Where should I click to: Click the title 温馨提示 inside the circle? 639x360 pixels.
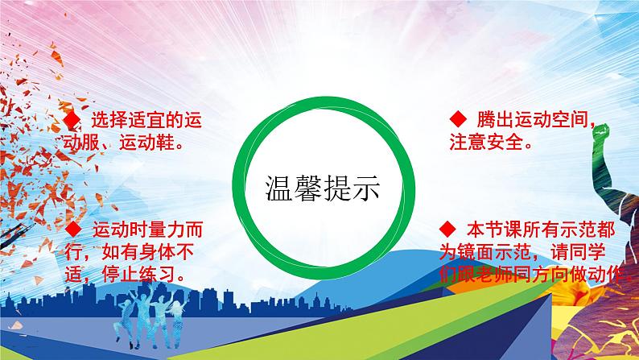(x=323, y=188)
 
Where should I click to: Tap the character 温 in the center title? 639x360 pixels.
(x=279, y=188)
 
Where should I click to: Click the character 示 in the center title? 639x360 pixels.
(x=366, y=188)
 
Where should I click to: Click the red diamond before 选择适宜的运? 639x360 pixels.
(x=72, y=120)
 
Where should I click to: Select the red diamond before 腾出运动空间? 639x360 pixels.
(x=458, y=119)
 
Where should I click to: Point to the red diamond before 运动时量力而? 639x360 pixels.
(x=74, y=230)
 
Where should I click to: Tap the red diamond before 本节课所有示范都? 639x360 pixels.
(x=447, y=230)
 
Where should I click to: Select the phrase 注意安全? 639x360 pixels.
(x=486, y=142)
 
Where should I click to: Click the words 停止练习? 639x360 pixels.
(x=139, y=274)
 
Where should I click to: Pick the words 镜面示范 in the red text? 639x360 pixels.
(x=495, y=252)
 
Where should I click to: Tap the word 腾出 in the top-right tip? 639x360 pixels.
(x=495, y=119)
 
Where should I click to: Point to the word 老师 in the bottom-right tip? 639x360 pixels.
(x=495, y=275)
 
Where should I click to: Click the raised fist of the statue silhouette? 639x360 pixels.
(x=600, y=134)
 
